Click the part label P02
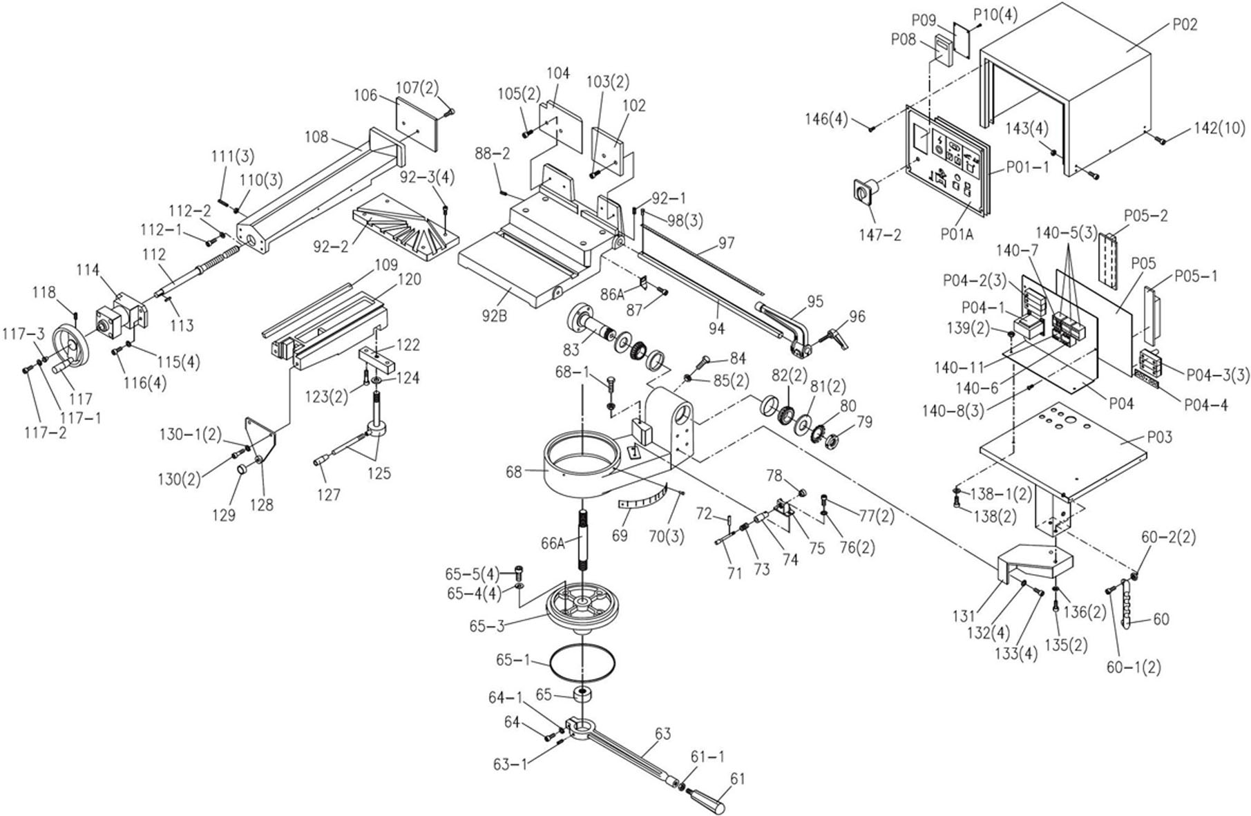[x=1185, y=25]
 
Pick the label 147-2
[x=879, y=235]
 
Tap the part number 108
[x=316, y=136]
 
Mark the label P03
[x=1158, y=437]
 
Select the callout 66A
[x=553, y=544]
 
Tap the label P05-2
[x=1145, y=215]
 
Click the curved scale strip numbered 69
[x=640, y=499]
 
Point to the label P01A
[x=957, y=234]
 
